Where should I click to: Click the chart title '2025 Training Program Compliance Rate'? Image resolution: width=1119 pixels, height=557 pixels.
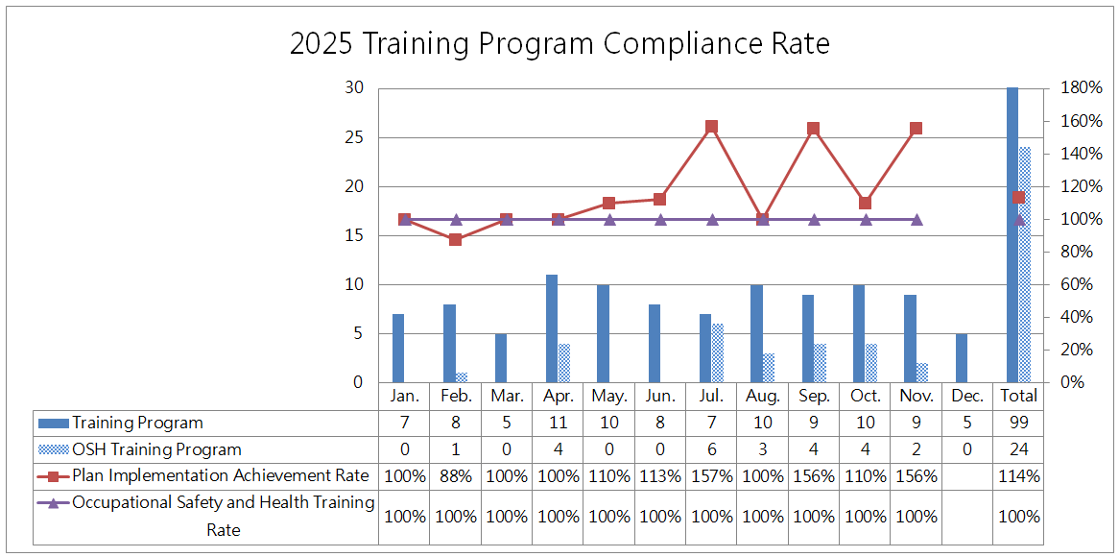click(x=559, y=44)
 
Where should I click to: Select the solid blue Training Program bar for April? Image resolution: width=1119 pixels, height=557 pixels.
click(x=552, y=328)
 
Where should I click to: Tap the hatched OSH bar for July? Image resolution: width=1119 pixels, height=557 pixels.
click(x=718, y=353)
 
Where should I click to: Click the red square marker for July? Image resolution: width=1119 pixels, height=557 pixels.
click(x=712, y=127)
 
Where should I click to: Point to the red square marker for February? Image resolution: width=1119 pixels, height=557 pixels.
click(x=456, y=239)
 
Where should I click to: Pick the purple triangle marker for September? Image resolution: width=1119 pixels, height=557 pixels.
click(x=814, y=220)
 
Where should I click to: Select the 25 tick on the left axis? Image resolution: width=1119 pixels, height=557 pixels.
click(x=355, y=137)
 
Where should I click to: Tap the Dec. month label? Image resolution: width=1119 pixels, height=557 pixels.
click(x=967, y=396)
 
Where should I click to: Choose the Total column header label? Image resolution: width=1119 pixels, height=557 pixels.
click(x=1018, y=396)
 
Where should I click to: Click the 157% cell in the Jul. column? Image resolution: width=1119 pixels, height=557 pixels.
click(x=712, y=475)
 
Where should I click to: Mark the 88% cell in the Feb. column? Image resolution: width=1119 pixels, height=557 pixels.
click(x=456, y=475)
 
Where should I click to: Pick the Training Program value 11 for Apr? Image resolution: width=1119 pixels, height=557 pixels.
click(x=558, y=423)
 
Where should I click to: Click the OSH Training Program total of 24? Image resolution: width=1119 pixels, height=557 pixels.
click(x=1018, y=449)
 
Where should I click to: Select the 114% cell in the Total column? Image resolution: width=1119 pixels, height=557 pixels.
click(x=1018, y=475)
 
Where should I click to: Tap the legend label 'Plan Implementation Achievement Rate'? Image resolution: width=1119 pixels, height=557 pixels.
click(x=220, y=475)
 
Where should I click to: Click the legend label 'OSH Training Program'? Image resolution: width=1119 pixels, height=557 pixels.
click(x=156, y=449)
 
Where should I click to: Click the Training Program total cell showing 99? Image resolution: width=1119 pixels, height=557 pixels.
click(x=1018, y=423)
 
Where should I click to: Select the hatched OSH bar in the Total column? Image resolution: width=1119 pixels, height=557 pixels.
click(x=1025, y=265)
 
